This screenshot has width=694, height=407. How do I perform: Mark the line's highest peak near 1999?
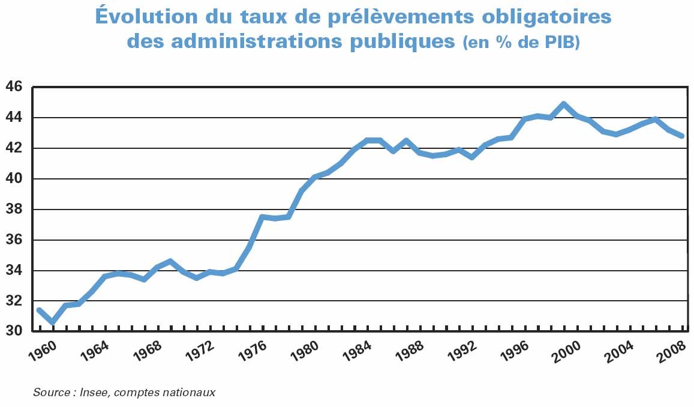point(563,104)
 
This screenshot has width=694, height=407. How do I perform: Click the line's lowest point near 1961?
point(52,322)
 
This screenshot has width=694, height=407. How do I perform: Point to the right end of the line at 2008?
point(681,136)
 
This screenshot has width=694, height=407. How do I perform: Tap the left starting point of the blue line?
point(39,310)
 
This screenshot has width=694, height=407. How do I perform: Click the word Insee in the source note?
point(94,393)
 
